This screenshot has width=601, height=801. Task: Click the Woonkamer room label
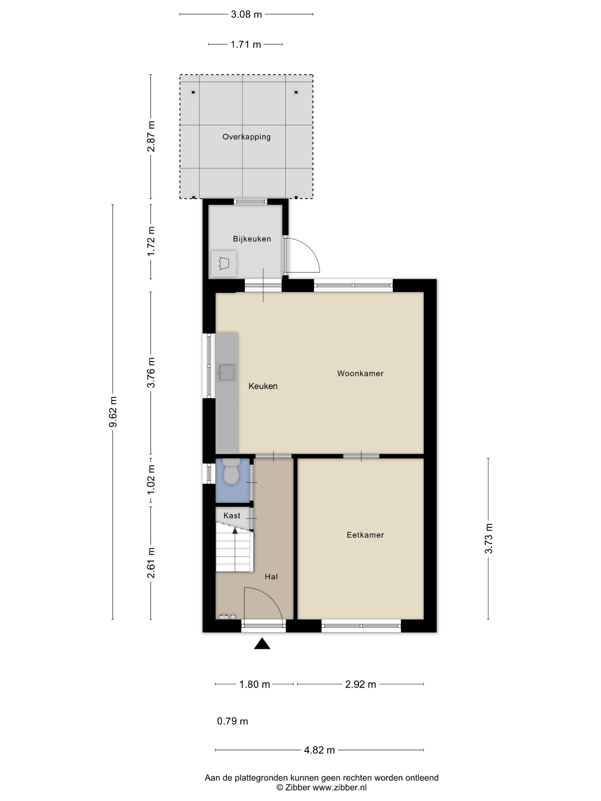360,373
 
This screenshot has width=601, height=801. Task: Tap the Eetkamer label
365,535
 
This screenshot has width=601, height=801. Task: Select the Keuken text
263,386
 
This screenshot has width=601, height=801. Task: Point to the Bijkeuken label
252,239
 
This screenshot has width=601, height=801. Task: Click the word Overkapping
246,137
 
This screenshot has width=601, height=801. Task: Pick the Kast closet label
232,516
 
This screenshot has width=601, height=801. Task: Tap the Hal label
271,577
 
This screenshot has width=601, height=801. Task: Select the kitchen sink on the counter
226,372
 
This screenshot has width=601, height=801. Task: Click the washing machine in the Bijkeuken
224,264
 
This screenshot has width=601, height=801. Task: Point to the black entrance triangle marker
262,643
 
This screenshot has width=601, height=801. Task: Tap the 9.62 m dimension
113,412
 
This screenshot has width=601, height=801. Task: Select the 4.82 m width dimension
319,750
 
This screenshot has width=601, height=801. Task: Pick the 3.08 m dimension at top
246,15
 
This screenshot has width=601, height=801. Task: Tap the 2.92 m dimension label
360,684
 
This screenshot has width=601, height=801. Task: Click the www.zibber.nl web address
339,787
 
